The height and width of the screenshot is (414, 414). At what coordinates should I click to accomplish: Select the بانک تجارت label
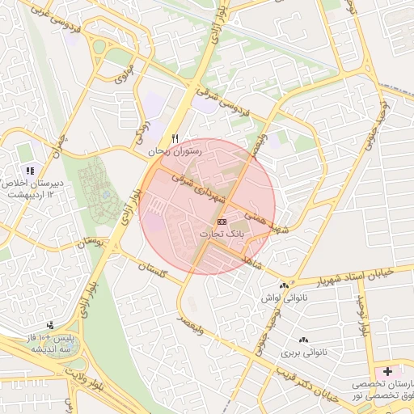click(222, 233)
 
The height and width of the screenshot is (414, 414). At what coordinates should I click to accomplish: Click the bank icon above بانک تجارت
click(222, 221)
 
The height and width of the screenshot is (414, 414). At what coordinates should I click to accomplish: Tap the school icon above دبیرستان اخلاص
click(31, 171)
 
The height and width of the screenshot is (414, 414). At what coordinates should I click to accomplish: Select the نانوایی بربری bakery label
click(302, 353)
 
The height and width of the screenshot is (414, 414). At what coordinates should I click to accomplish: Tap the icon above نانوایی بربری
click(303, 340)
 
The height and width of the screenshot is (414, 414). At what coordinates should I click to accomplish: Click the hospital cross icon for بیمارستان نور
click(388, 371)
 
